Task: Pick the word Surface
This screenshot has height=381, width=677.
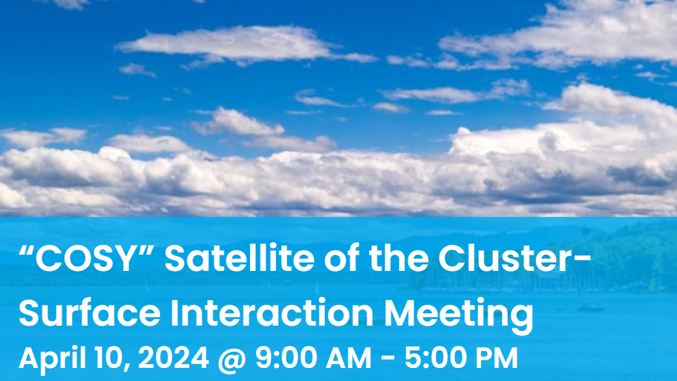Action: click(x=89, y=313)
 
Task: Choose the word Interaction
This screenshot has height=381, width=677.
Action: click(x=272, y=313)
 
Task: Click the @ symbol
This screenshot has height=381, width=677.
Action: click(x=232, y=360)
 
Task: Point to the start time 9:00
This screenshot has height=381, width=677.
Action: click(x=286, y=358)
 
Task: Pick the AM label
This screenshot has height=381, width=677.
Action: click(x=349, y=358)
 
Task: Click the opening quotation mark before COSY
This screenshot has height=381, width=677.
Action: click(x=25, y=251)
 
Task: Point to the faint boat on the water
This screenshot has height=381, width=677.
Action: click(x=590, y=306)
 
